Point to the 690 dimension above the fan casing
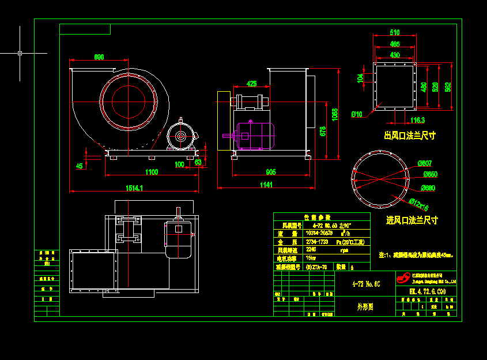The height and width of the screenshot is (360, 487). click(x=99, y=57)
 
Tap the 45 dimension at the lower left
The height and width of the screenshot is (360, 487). click(x=80, y=166)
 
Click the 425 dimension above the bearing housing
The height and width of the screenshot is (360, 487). click(x=252, y=84)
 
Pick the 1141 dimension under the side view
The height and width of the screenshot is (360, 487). click(x=266, y=185)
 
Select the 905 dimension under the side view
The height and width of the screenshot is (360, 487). click(x=270, y=172)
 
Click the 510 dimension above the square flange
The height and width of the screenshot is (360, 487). click(x=395, y=32)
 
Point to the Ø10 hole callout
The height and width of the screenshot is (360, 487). click(x=356, y=114)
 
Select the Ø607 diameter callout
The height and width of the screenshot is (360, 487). click(x=425, y=163)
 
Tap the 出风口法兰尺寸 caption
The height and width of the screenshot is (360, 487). click(x=410, y=136)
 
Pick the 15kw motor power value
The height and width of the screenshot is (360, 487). click(x=311, y=258)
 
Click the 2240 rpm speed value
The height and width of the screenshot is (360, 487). click(x=311, y=250)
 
